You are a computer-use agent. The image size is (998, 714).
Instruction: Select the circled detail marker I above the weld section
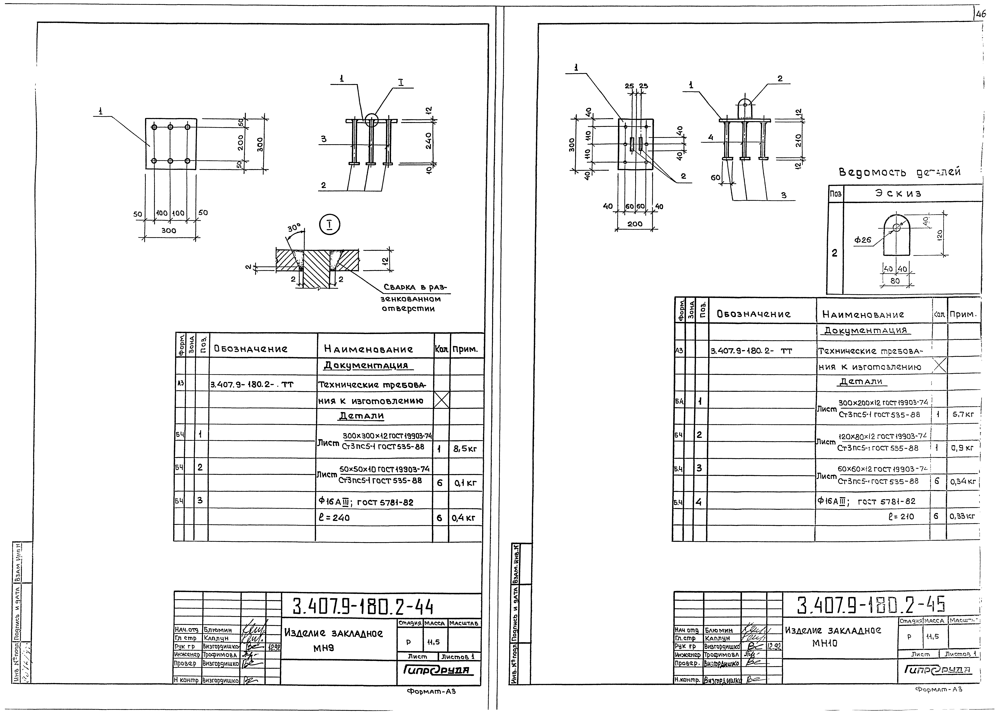pyautogui.click(x=329, y=226)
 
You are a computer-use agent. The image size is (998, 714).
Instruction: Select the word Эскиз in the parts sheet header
pyautogui.click(x=898, y=193)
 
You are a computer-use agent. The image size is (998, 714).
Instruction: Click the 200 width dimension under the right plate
pyautogui.click(x=635, y=224)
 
